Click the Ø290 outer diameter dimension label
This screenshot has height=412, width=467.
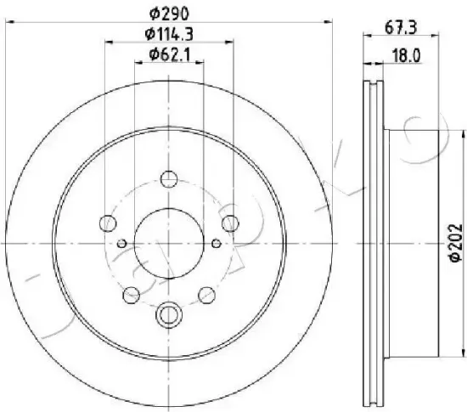pyautogui.click(x=169, y=14)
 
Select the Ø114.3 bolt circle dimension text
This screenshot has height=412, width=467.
pyautogui.click(x=169, y=34)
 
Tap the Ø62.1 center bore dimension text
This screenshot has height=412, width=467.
pyautogui.click(x=170, y=54)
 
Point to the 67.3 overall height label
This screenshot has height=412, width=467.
pyautogui.click(x=401, y=28)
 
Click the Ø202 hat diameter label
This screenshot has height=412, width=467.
pyautogui.click(x=456, y=242)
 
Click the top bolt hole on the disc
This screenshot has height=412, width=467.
pyautogui.click(x=169, y=179)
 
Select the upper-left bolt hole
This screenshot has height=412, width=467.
pyautogui.click(x=108, y=223)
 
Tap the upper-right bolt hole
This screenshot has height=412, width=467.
pyautogui.click(x=230, y=223)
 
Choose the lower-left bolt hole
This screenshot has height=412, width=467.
pyautogui.click(x=132, y=295)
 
